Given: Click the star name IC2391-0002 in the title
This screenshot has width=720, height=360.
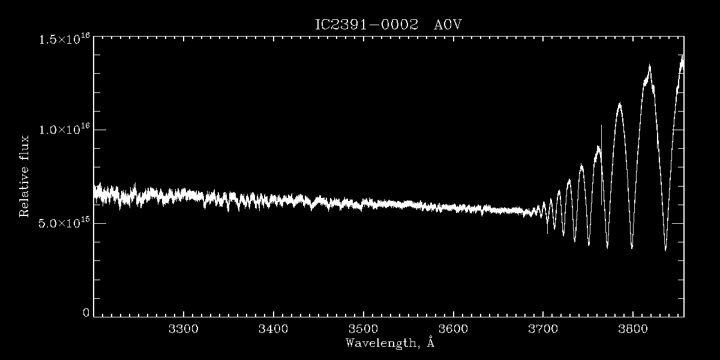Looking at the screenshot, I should coord(366,25).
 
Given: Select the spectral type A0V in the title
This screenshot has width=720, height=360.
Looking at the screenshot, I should coord(448,25).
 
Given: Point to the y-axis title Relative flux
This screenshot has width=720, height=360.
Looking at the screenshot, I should coord(25,176).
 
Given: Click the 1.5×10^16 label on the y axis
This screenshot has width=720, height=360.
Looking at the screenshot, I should coord(64,40).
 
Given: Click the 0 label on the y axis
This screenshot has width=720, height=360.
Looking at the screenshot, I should coord(86,313).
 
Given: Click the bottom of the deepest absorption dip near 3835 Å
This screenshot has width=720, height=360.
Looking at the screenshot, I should coord(665,249).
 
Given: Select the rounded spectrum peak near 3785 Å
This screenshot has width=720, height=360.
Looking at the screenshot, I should coord(619,104).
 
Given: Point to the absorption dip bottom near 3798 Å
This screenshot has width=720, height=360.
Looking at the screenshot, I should coord(632,247).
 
